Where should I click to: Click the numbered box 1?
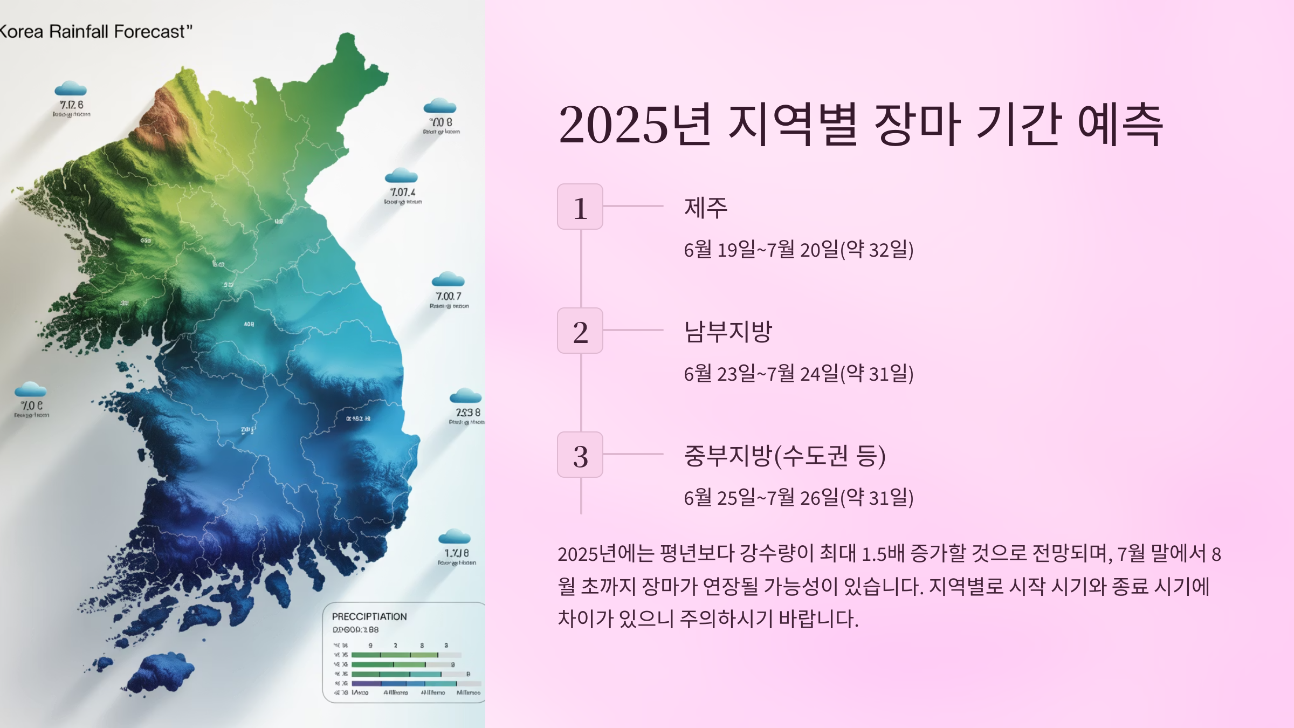pos(580,207)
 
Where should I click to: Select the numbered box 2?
pos(580,331)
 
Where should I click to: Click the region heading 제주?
pos(705,208)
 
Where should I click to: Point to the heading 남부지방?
pos(728,331)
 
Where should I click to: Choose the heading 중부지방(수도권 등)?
pos(784,456)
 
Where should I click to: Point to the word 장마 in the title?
pos(917,125)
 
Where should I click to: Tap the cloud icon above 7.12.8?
pos(71,88)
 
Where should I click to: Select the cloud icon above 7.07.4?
pos(401,176)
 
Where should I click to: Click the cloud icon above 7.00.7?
pos(448,279)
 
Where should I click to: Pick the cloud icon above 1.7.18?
pos(455,537)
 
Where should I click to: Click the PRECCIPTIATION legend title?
pos(369,616)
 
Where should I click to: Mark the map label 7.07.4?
pos(403,193)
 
